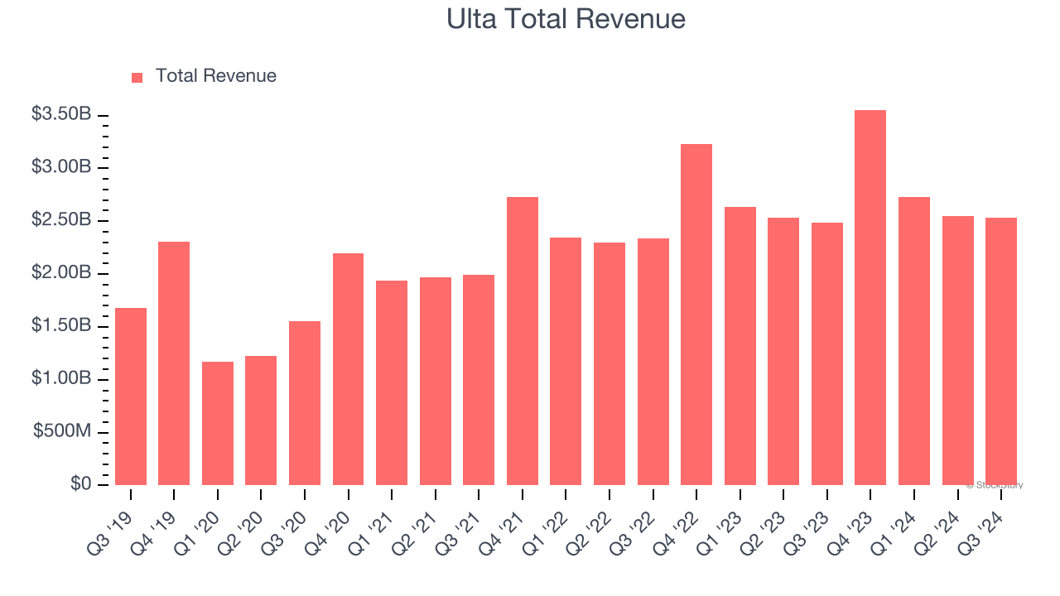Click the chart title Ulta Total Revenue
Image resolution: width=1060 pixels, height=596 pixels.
click(x=566, y=18)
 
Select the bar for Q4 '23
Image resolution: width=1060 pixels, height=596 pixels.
click(x=870, y=298)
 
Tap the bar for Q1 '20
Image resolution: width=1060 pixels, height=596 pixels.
click(x=218, y=423)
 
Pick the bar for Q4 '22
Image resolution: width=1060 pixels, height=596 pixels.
click(x=696, y=315)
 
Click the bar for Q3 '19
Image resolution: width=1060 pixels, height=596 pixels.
click(x=131, y=397)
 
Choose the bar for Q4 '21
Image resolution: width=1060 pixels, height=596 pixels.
click(x=523, y=341)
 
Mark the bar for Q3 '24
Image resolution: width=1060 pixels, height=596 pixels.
click(x=1001, y=351)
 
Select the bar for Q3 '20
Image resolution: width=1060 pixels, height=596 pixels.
click(x=305, y=403)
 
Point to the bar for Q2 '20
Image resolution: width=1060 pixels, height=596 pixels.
click(x=261, y=421)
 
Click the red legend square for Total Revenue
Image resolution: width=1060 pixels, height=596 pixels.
click(x=137, y=77)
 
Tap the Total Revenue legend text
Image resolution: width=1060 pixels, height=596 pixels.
click(x=215, y=76)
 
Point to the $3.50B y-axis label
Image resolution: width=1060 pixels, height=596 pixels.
click(x=61, y=114)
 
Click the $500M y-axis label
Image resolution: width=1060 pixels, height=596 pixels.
click(x=62, y=432)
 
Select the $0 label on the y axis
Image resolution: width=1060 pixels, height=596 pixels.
click(x=80, y=484)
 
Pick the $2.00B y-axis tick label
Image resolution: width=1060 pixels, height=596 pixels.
click(x=61, y=273)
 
